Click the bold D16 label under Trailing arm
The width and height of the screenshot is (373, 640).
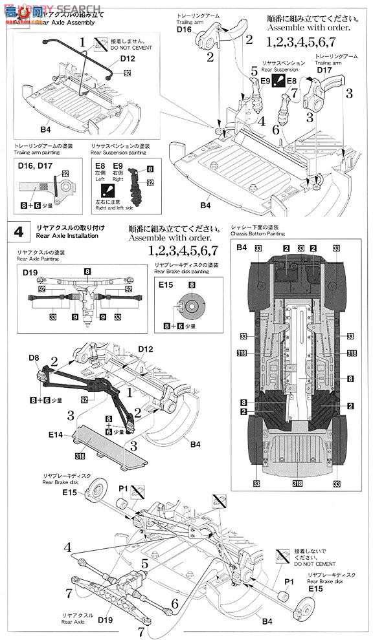click(x=185, y=29)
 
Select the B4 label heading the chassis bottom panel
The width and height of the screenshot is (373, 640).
click(x=242, y=248)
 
